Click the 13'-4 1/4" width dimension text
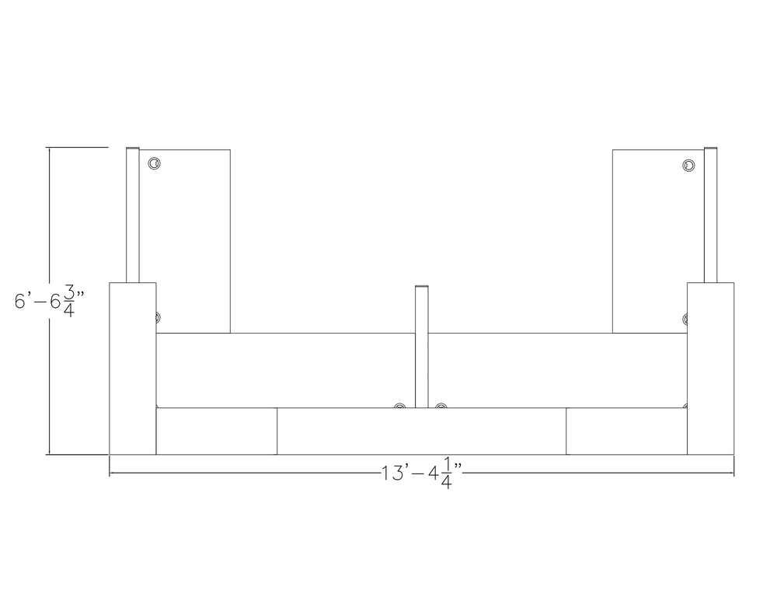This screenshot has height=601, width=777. [x=422, y=474]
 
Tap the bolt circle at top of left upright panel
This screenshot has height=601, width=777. [x=155, y=163]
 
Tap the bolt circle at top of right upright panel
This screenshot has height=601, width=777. [x=688, y=165]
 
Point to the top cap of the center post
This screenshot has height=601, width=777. [x=422, y=288]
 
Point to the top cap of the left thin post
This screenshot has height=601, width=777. [x=133, y=148]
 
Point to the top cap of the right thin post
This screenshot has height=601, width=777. [x=710, y=148]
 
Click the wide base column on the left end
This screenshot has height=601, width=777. [x=132, y=369]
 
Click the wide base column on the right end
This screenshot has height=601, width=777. [x=710, y=369]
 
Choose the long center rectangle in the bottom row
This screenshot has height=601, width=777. [x=422, y=431]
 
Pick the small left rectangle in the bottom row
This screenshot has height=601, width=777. [x=217, y=431]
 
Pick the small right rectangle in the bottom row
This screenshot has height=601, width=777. [x=626, y=431]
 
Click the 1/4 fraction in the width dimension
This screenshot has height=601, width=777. [x=447, y=474]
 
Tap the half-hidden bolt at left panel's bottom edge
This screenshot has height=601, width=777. [x=156, y=317]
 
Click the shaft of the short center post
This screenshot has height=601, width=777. [x=422, y=350]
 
